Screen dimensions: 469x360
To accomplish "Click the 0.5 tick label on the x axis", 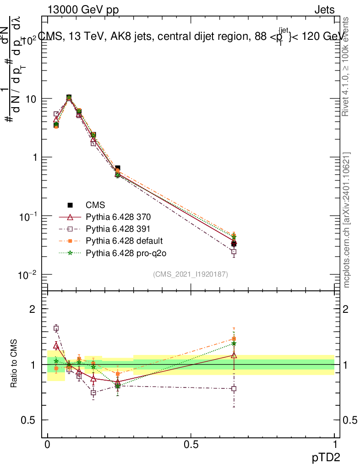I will tap(191, 445).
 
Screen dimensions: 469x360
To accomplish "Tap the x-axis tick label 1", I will tap(334, 445).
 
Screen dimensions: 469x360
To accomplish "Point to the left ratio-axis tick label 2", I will tap(33, 309).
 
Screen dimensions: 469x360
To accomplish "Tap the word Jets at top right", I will tap(324, 10).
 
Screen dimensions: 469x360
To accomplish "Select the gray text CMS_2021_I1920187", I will tap(191, 274).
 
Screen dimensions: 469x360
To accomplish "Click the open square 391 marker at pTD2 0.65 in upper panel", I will tap(234, 251).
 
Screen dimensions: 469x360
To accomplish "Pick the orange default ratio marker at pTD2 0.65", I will tap(234, 339).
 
